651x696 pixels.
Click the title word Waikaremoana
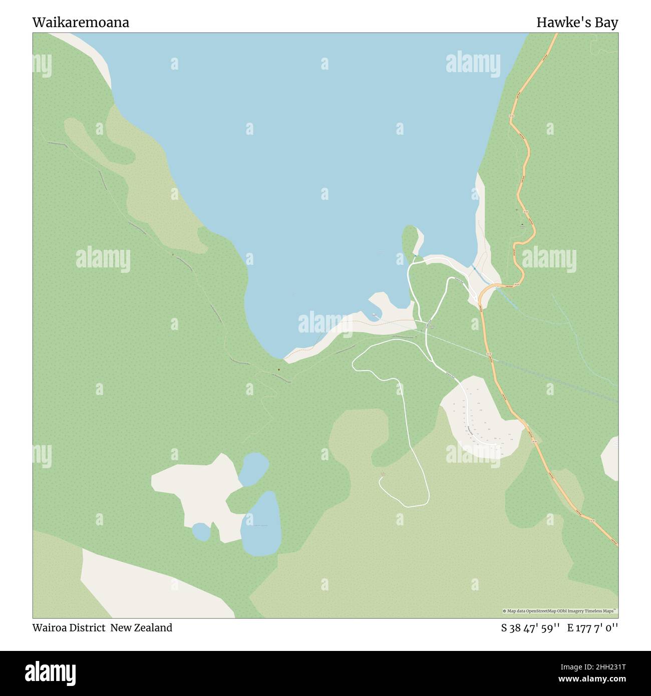pos(81,23)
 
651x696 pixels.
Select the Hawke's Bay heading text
pos(577,23)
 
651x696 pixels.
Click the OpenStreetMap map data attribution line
pos(560,611)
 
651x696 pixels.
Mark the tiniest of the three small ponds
pos(201,532)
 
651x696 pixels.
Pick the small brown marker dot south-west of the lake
pos(278,371)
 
